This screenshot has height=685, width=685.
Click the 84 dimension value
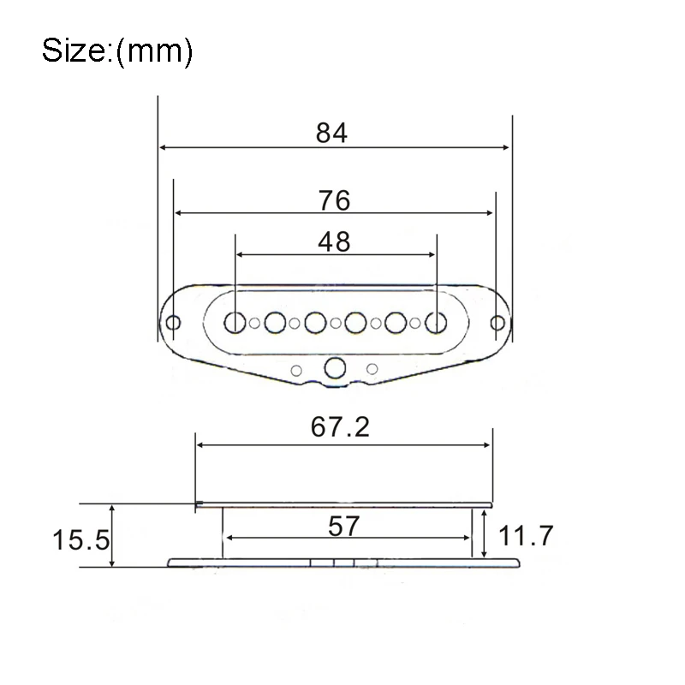point(333,133)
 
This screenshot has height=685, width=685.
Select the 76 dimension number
point(333,200)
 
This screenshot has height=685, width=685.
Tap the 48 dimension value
point(333,241)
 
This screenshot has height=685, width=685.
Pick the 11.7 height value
point(526,537)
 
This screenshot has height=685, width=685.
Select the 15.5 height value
point(80,540)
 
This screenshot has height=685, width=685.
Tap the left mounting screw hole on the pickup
point(174,323)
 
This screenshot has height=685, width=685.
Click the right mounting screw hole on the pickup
point(497,323)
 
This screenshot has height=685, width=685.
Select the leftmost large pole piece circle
point(235,322)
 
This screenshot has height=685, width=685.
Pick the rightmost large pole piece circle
point(437,322)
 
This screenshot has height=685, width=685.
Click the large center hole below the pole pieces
point(335,368)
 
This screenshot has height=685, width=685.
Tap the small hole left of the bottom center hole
point(297,369)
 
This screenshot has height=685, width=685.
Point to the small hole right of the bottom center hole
point(372,369)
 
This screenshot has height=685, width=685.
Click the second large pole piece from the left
point(275,322)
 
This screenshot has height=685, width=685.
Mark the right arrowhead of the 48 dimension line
point(432,255)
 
